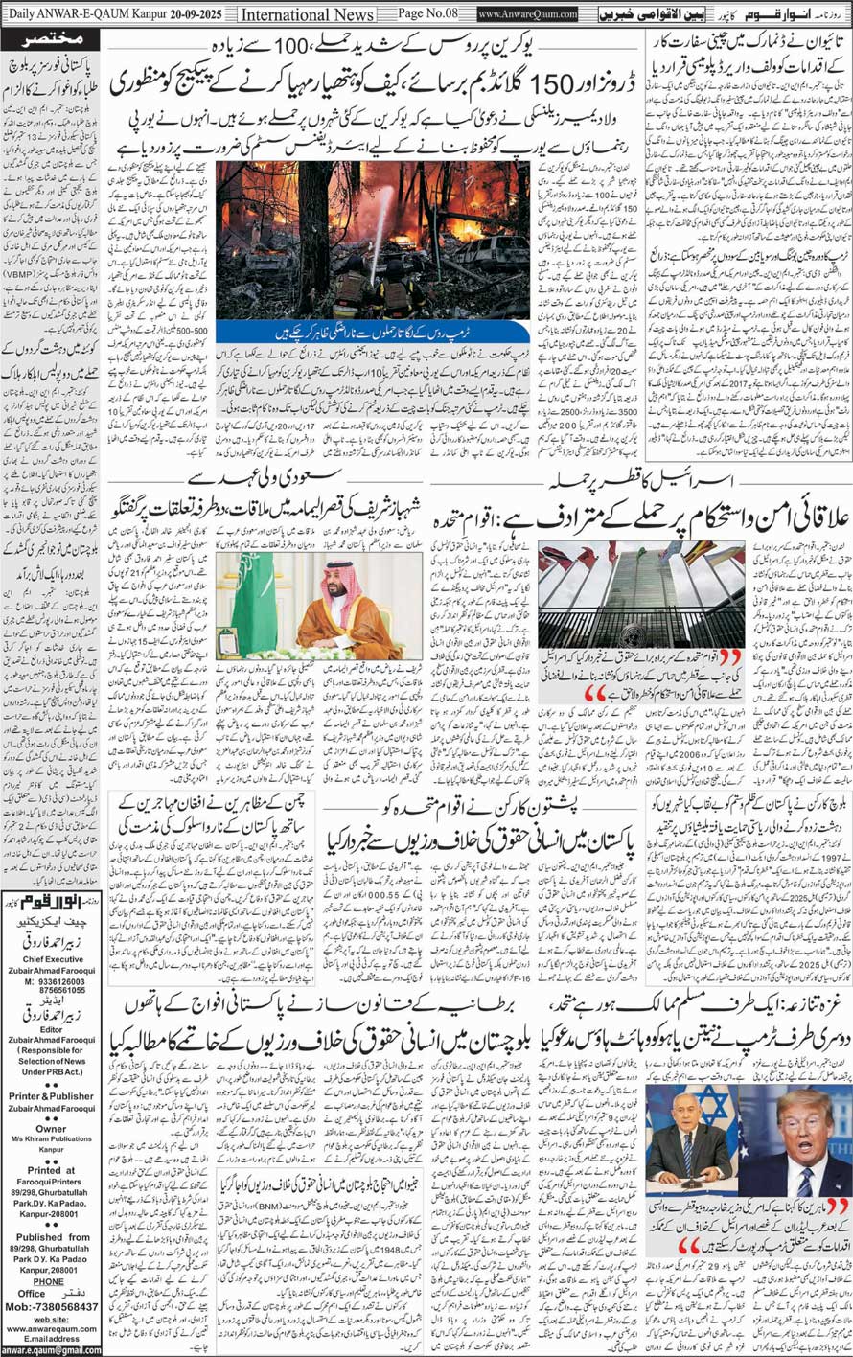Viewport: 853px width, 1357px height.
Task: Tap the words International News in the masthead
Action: click(308, 15)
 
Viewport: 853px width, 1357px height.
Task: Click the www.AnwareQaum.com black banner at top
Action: click(527, 15)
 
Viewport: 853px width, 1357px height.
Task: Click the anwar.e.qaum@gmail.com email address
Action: click(51, 1349)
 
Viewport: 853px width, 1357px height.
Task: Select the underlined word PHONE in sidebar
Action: click(49, 1280)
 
